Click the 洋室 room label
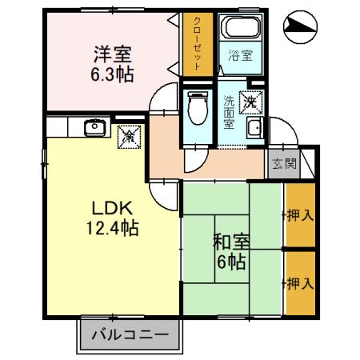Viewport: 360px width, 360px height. pyautogui.click(x=112, y=54)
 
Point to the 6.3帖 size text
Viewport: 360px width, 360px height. pyautogui.click(x=112, y=74)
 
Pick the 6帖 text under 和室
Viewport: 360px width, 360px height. pyautogui.click(x=230, y=262)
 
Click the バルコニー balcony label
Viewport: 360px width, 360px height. pyautogui.click(x=129, y=334)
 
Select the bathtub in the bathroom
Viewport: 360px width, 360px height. pyautogui.click(x=242, y=31)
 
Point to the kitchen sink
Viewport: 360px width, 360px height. pyautogui.click(x=94, y=126)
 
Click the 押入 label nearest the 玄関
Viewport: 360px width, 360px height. pyautogui.click(x=300, y=216)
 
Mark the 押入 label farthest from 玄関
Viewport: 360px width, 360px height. pyautogui.click(x=300, y=283)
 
